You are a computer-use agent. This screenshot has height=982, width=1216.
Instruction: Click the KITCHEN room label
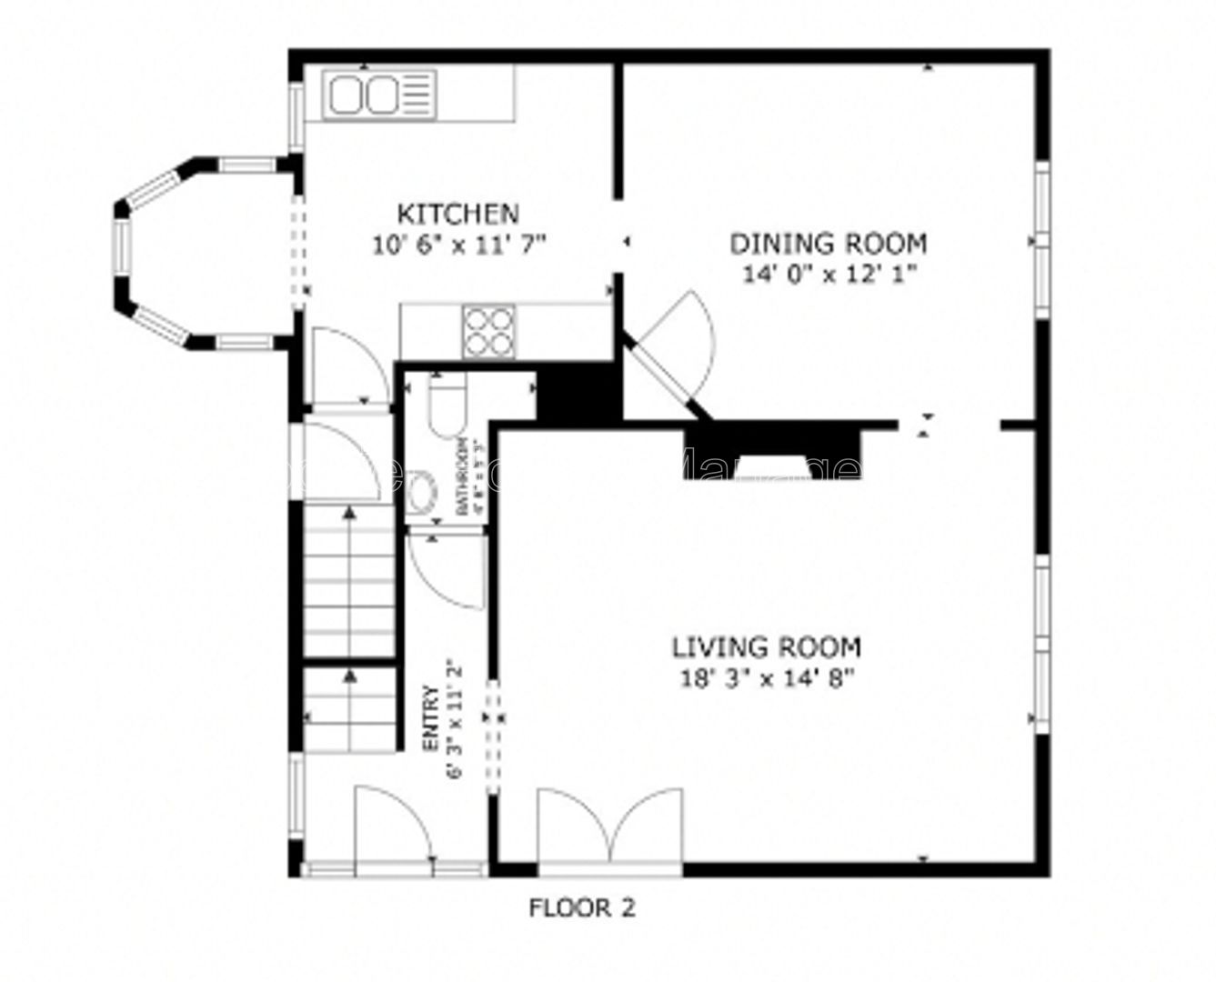click(458, 214)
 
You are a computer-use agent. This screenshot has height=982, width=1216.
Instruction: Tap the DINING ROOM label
click(829, 244)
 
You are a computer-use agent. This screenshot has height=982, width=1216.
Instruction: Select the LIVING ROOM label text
click(766, 647)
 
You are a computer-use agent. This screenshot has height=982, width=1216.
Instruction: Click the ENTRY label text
click(432, 718)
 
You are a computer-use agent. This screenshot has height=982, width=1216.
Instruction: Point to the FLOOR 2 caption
click(582, 907)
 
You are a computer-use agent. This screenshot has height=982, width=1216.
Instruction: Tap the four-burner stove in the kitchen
click(488, 331)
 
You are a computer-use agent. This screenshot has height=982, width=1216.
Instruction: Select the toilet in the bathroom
click(447, 410)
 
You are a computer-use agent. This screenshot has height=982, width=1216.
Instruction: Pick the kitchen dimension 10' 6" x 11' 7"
click(458, 244)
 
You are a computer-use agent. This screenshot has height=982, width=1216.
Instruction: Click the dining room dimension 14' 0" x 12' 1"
click(829, 274)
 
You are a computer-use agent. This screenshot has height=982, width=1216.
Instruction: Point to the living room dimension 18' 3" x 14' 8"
click(766, 677)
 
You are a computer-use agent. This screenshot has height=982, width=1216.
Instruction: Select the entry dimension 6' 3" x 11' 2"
click(456, 718)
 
